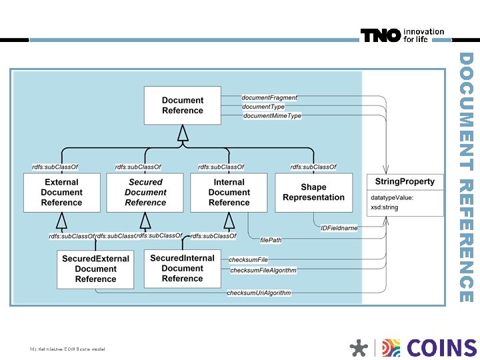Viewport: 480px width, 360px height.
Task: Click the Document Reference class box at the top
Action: tap(183, 105)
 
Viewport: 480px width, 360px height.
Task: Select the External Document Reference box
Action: tap(62, 192)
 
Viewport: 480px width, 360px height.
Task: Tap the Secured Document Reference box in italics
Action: tap(145, 192)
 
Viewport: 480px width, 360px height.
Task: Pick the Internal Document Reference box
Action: tap(229, 192)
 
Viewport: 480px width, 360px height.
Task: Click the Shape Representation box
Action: tap(313, 192)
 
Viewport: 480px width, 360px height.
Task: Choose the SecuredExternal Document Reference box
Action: tap(95, 269)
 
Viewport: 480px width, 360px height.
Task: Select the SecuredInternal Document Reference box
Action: tap(182, 268)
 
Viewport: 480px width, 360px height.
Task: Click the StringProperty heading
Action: tap(405, 181)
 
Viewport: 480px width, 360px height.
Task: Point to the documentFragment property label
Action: tap(269, 97)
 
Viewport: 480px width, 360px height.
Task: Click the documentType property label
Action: tap(263, 107)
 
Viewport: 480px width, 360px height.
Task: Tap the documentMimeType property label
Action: tap(272, 116)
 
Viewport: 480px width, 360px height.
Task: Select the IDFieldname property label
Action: tap(339, 228)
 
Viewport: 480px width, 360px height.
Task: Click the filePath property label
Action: tap(271, 239)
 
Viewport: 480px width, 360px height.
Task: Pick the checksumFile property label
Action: tap(248, 259)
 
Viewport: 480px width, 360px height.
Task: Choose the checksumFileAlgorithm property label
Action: tap(263, 270)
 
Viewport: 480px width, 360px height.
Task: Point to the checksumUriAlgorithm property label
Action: tap(259, 293)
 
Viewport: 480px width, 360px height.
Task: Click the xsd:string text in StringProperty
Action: tap(385, 207)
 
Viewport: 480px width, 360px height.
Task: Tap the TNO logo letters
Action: tap(381, 35)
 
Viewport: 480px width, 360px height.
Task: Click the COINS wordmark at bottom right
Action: tap(441, 348)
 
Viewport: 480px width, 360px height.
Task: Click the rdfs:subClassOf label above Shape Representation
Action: tap(313, 167)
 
